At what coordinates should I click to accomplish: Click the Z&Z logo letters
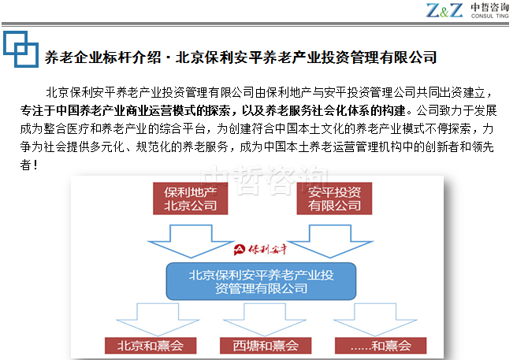coord(444,10)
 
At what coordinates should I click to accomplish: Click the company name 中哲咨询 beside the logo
coord(490,7)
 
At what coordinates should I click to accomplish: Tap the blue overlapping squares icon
coord(20,49)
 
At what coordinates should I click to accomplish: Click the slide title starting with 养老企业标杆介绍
coord(241,58)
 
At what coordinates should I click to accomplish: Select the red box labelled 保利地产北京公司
coord(190,199)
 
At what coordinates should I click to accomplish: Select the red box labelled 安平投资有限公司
coord(334,199)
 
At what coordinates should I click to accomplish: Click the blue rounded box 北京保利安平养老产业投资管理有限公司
coord(261,281)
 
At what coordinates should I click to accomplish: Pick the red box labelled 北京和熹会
coord(151,346)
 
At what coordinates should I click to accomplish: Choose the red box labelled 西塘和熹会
coord(266,346)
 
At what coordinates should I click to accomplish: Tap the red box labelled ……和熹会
coord(381,346)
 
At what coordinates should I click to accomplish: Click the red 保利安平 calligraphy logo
coord(260,250)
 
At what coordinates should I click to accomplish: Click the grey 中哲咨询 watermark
coord(264,180)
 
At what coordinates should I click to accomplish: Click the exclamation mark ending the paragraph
coord(35,165)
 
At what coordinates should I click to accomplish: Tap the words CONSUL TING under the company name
coord(490,16)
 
